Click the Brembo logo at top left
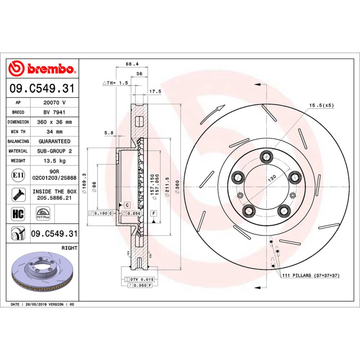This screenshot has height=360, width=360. click(x=41, y=68)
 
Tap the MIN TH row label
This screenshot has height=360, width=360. click(x=18, y=132)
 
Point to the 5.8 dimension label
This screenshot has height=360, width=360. click(x=109, y=133)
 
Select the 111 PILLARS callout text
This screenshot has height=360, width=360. click(x=310, y=275)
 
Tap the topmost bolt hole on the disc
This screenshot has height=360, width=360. click(x=267, y=156)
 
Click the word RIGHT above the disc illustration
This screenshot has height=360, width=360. click(x=69, y=248)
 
